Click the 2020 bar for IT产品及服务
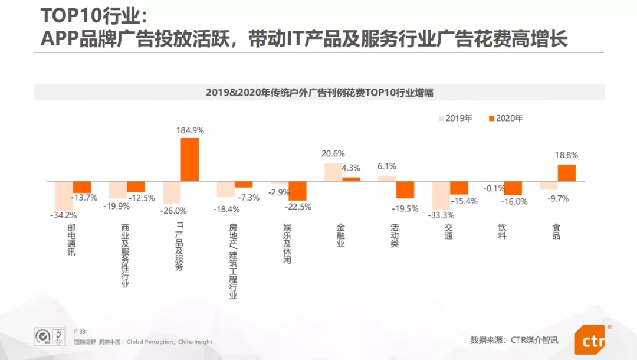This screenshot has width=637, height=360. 190,159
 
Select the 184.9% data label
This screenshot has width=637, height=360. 190,130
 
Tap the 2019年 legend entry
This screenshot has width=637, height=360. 455,118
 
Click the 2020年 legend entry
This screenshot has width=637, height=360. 505,118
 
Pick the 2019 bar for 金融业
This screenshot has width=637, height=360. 333,172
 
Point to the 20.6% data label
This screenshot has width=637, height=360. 333,154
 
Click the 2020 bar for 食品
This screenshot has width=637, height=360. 567,172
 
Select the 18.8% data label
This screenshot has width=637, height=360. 567,155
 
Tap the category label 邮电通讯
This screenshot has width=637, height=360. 71,239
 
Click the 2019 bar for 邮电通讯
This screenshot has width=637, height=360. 64,195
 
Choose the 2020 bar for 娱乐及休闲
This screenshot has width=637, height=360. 297,191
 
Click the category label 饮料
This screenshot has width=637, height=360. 502,231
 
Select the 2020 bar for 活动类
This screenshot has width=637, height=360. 405,189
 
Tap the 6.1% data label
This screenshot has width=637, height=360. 387,166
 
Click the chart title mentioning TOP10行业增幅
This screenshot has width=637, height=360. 320,93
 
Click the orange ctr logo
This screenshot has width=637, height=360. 590,340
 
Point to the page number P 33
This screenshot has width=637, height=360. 80,332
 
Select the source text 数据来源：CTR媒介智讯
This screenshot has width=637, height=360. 514,340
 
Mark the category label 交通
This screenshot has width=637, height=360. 448,231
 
